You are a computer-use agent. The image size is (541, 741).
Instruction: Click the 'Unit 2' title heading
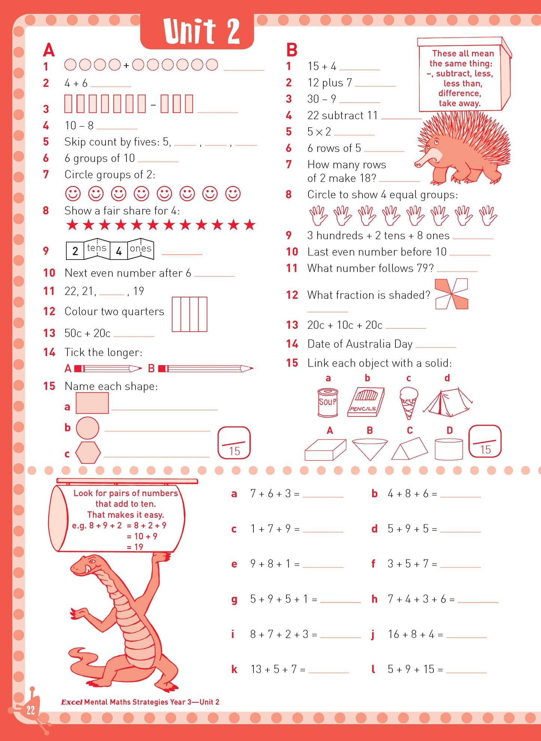click(x=201, y=31)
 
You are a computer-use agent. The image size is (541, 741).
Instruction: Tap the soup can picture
click(x=328, y=402)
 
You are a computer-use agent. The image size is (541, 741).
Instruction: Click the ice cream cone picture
click(x=408, y=402)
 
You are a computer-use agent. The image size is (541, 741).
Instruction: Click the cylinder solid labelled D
click(x=449, y=449)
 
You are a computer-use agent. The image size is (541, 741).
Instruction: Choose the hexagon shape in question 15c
click(x=88, y=453)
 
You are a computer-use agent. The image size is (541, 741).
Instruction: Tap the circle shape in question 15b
click(x=88, y=428)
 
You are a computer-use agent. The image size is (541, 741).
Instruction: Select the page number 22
click(x=30, y=710)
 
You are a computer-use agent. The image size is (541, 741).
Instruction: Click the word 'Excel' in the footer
click(x=72, y=702)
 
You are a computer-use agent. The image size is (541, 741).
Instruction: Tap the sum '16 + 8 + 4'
click(x=411, y=634)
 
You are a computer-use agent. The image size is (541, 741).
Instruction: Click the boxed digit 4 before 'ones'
click(x=119, y=251)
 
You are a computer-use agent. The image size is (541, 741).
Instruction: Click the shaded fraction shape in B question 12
click(x=452, y=294)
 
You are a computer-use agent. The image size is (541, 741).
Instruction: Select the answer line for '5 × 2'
click(x=354, y=134)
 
